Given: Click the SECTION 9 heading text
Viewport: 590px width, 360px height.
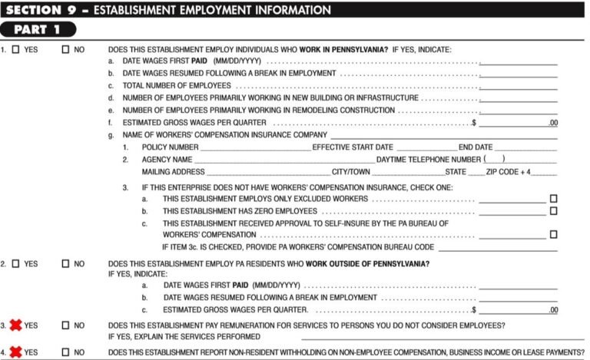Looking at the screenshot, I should [x=168, y=10].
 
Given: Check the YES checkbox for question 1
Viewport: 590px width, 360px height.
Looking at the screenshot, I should [x=16, y=50].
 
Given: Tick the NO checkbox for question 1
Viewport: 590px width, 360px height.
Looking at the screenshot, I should [x=65, y=50].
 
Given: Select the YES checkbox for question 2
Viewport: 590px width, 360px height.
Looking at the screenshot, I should [x=16, y=264].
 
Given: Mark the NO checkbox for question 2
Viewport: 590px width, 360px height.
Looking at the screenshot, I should [x=65, y=264].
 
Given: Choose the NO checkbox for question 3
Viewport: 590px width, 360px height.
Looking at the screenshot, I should [x=65, y=325].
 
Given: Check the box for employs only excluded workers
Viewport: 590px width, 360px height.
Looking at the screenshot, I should [x=553, y=199].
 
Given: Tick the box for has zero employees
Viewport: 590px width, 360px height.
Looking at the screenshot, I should [x=553, y=211].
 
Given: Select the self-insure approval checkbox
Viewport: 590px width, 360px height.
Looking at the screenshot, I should [x=553, y=235].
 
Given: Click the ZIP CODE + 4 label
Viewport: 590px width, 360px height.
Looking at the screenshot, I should [x=508, y=172].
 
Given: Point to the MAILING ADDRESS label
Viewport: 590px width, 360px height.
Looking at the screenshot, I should [x=173, y=172].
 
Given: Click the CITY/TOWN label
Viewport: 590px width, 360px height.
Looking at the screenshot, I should [x=351, y=172].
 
